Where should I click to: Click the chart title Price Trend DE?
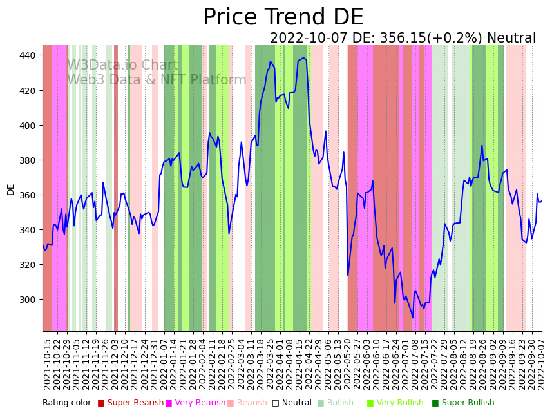[283, 17]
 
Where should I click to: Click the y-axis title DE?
[10, 189]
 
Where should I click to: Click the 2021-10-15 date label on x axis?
[47, 363]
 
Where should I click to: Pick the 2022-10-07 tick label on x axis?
[542, 363]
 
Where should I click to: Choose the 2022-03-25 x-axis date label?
[271, 363]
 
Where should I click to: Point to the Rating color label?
[67, 403]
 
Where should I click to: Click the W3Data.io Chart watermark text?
[122, 65]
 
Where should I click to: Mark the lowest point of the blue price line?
[413, 318]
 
